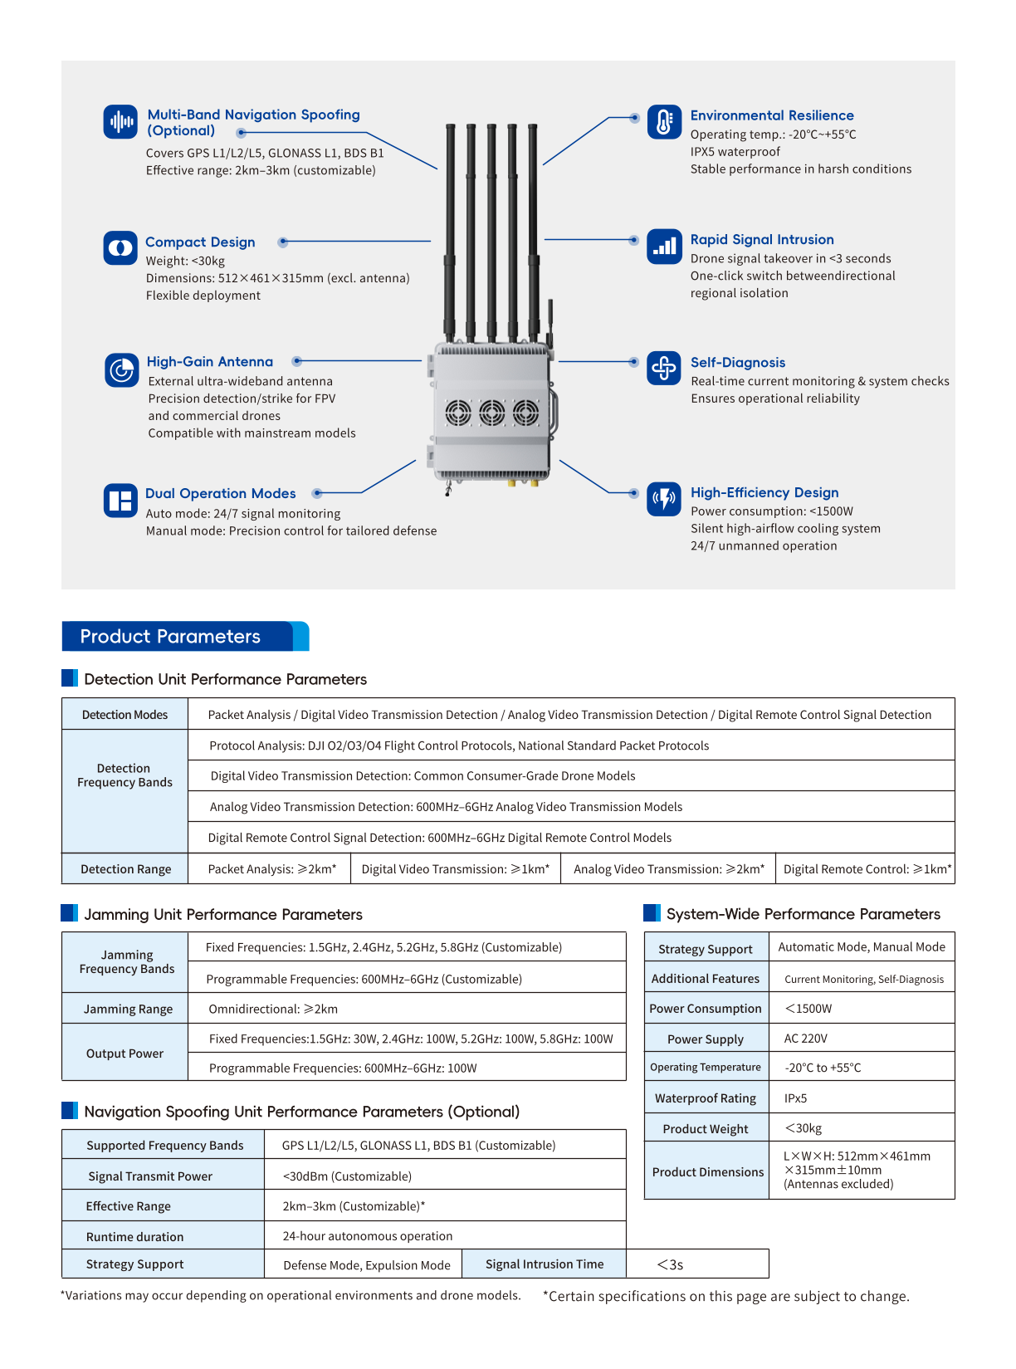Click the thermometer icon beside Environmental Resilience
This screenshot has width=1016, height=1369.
point(664,122)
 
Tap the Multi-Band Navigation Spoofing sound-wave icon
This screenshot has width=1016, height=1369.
point(120,122)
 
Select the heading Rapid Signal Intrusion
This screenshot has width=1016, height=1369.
point(762,239)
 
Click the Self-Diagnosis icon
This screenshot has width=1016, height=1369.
point(664,367)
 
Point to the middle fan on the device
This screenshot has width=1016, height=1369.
point(491,412)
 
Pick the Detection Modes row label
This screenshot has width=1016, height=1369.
point(125,715)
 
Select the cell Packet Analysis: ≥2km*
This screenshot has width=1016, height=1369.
point(271,869)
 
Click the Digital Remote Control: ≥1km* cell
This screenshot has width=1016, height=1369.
point(867,869)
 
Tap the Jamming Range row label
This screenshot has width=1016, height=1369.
point(128,1010)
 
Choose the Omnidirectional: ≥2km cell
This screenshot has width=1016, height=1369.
point(273,1010)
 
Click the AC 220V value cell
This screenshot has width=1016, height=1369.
point(806,1039)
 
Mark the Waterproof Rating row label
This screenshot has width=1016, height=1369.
point(706,1098)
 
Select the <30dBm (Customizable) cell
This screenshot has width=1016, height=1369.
point(347,1176)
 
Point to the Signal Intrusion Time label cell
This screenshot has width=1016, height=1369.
point(545,1264)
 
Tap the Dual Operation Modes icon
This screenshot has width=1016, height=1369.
point(120,501)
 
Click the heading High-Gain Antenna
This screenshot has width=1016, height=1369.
point(210,362)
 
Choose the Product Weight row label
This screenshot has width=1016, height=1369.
point(706,1129)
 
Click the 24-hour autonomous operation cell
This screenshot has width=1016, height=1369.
point(368,1236)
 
